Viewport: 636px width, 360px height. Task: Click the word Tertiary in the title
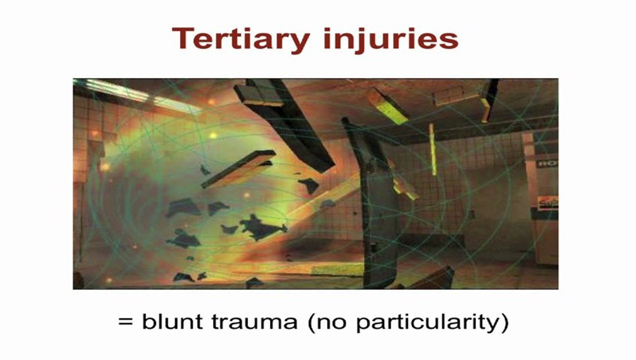tap(241, 39)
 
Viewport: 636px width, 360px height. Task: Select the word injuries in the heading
tap(391, 39)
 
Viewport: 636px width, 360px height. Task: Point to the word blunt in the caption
tap(172, 321)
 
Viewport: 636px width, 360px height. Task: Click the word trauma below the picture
tap(254, 322)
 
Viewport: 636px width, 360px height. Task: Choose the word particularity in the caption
tap(428, 322)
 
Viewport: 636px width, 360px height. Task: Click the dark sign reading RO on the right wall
tap(547, 164)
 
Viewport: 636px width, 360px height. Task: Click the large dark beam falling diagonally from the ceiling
tap(284, 125)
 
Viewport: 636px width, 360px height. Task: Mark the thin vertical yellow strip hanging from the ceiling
tap(432, 149)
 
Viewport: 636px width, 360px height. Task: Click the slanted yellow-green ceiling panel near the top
tap(386, 106)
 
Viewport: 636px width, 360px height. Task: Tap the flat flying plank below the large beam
tap(238, 169)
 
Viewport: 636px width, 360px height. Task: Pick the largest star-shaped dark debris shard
tap(261, 227)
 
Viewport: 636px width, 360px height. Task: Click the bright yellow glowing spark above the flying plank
tap(213, 135)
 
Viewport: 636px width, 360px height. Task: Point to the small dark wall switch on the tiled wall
tap(471, 214)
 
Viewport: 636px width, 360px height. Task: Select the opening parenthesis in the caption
tap(311, 323)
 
